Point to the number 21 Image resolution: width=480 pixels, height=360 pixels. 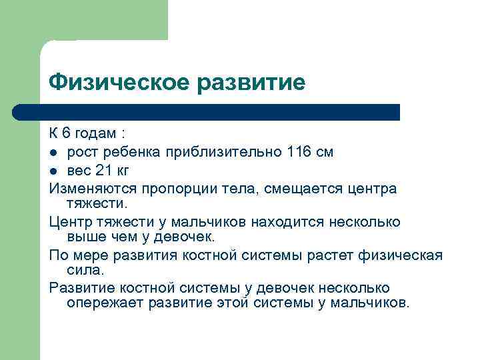pyautogui.click(x=95, y=170)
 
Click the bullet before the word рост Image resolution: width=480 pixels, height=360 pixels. pyautogui.click(x=54, y=153)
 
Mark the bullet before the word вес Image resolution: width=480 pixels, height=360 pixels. pyautogui.click(x=54, y=171)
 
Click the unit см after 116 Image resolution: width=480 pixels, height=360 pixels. pyautogui.click(x=325, y=153)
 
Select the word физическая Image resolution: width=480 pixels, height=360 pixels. pyautogui.click(x=402, y=255)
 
